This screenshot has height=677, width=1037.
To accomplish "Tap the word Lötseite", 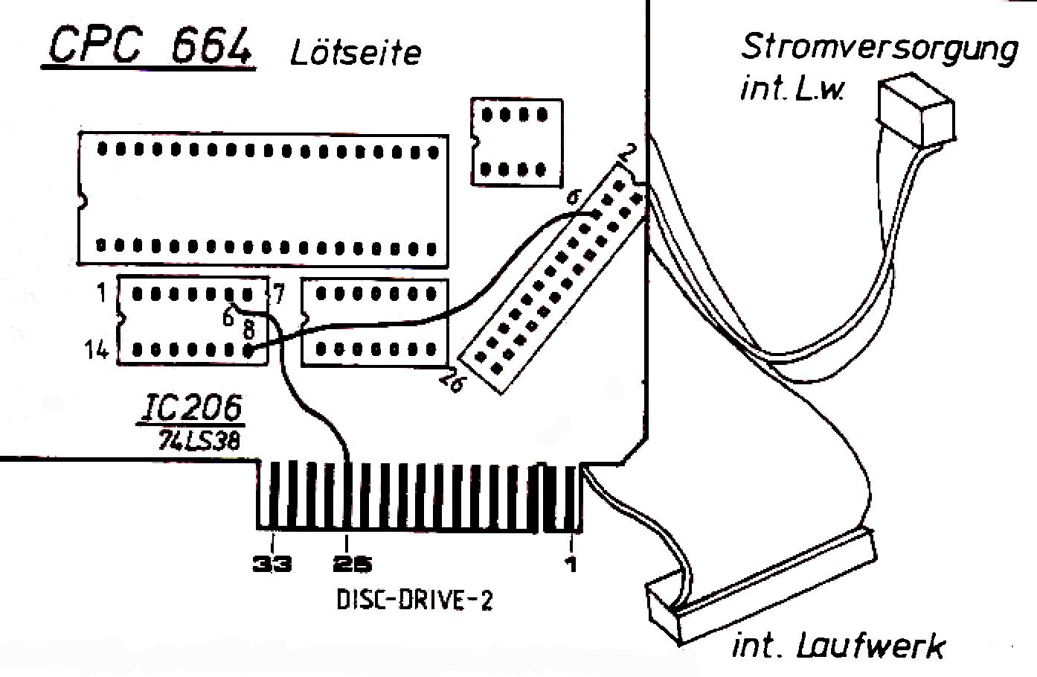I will (356, 53).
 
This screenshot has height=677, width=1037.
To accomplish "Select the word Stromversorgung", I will (879, 49).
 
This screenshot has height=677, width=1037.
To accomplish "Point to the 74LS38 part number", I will (198, 441).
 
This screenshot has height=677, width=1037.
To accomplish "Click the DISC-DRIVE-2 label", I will (415, 600).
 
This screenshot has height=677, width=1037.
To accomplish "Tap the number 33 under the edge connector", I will (272, 565).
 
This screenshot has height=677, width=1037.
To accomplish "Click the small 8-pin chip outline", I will (516, 142).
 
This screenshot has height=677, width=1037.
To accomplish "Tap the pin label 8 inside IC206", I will (248, 328).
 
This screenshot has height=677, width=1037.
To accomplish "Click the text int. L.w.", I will (792, 91).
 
